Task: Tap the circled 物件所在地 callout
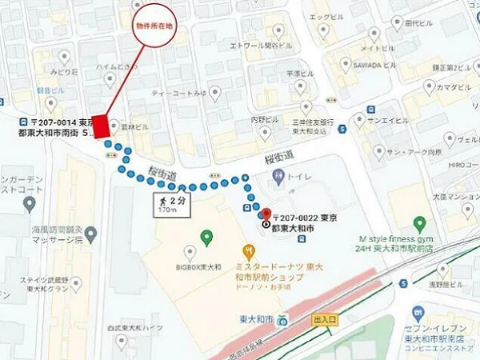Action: (157, 26)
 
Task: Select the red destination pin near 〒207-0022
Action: (265, 214)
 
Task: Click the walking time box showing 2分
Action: (170, 204)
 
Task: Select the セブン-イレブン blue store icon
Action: (417, 312)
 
